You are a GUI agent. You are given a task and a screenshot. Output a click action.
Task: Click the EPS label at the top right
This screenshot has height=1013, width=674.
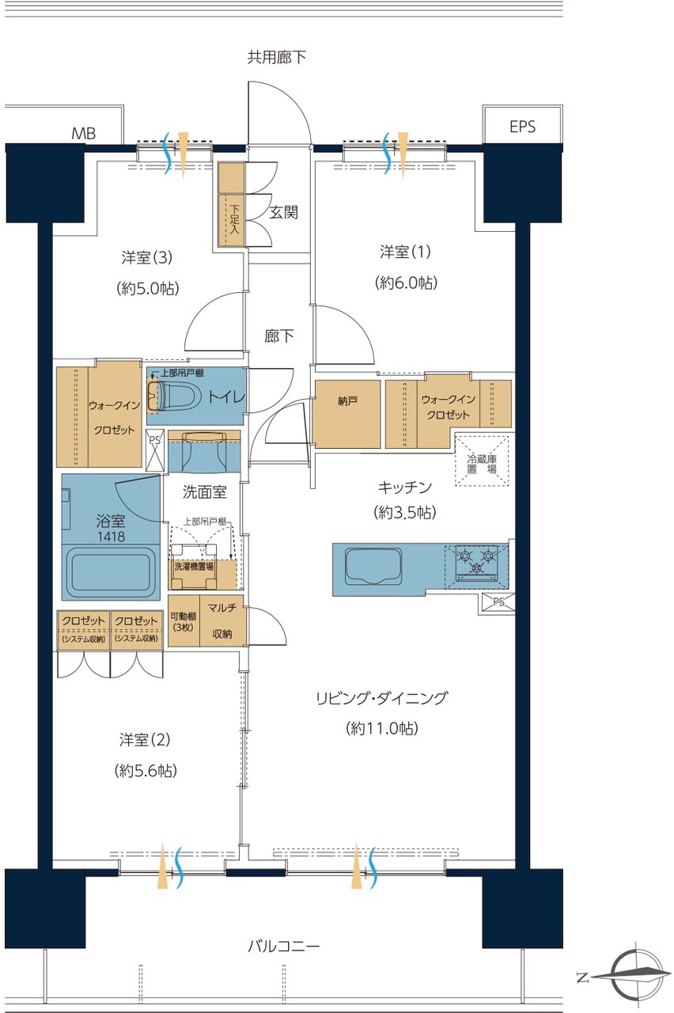522,127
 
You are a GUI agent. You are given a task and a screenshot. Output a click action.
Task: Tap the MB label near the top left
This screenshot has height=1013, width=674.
84,134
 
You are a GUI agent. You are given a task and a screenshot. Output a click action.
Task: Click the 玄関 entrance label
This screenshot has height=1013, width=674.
283,212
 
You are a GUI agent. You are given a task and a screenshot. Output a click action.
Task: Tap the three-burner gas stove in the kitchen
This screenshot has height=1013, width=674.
476,562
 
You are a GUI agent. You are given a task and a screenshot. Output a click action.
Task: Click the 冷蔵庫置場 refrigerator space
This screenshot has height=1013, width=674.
482,461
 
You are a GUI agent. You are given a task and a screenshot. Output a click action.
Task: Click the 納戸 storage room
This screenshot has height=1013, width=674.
347,414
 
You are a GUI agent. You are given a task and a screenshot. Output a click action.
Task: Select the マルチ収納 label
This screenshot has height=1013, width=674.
222,620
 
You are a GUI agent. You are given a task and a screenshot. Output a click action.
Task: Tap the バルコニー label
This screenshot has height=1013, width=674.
283,946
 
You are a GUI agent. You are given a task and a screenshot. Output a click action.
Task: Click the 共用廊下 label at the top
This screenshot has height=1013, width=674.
277,57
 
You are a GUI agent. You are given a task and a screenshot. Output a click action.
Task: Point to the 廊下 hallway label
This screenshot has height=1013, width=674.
279,336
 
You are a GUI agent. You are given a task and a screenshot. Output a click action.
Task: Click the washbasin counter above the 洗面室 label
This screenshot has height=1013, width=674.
204,451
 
